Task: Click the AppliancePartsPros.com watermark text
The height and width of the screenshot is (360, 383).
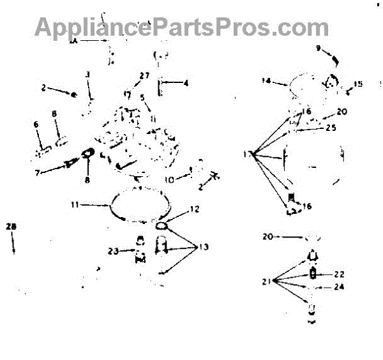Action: coord(182,27)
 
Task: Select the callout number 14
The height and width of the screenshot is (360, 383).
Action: coord(266,80)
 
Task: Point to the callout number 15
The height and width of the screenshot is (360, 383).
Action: coord(358,84)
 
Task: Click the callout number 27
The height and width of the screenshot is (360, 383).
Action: coord(145,75)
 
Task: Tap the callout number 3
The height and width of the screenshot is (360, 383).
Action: coord(88,75)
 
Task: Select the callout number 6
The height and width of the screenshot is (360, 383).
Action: coord(36,124)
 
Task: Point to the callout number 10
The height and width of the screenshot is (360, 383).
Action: coord(169,179)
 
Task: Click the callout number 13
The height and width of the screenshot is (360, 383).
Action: coord(204,247)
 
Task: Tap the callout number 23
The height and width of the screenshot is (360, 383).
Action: coord(113,251)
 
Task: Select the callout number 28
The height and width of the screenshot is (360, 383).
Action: coord(11,226)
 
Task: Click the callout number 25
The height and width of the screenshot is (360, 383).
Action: coord(330,128)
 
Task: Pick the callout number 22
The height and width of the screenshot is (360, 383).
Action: coord(339,274)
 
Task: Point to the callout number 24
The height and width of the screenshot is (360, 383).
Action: coord(339,287)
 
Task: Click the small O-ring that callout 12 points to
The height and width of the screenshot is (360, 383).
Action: coord(161,225)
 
